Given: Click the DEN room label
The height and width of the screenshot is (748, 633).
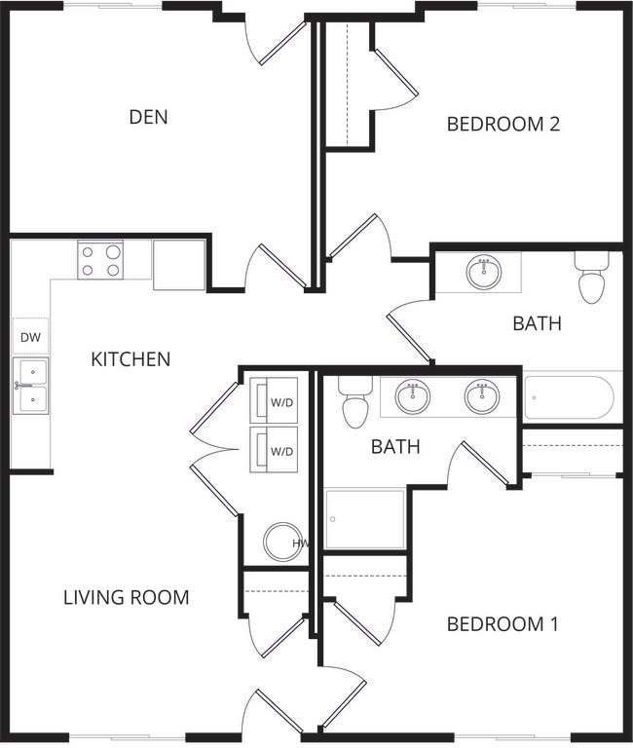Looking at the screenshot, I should tap(148, 117).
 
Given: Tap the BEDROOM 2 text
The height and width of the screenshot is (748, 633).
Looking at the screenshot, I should tap(503, 124).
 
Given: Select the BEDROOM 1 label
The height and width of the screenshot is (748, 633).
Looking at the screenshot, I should tap(503, 623).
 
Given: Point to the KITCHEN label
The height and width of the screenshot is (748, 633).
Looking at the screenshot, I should tap(130, 359).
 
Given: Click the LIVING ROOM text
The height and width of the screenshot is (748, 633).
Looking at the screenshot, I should tap(126, 597).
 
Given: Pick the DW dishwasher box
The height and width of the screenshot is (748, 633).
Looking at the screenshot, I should tap(29, 336).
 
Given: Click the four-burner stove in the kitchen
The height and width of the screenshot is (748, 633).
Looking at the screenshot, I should tap(101, 260).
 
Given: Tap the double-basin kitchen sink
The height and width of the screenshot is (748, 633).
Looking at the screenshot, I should tap(30, 386).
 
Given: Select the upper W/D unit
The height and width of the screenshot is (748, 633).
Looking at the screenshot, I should tap(274, 400).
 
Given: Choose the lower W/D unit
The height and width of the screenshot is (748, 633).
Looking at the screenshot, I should tap(274, 450).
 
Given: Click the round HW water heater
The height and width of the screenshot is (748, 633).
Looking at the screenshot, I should tap(283, 542).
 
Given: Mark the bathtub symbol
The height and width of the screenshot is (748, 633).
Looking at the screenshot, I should tap(570, 397).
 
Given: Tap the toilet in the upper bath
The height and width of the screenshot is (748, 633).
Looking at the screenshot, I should tap(591, 279).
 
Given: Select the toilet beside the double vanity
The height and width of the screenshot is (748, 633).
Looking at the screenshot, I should tap(355, 404).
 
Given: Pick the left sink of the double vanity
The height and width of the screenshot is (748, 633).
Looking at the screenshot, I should tap(413, 396).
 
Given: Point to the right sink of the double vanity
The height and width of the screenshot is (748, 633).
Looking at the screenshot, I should tap(482, 396).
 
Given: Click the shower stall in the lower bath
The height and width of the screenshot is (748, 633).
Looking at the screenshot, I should tap(365, 519).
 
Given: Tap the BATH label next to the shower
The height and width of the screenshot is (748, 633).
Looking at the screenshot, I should tap(395, 447).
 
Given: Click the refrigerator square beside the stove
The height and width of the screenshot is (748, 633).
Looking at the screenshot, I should tap(179, 264).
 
